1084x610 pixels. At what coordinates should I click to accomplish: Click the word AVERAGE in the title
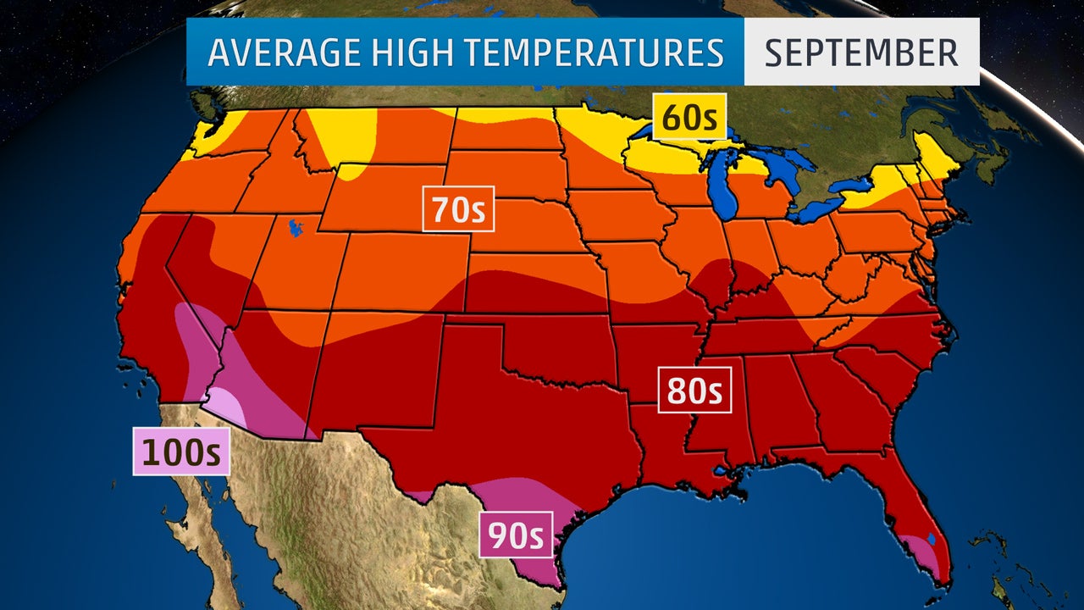tap(273, 53)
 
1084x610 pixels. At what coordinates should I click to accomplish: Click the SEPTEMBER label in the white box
tap(861, 53)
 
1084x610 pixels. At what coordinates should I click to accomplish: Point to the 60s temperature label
tap(689, 117)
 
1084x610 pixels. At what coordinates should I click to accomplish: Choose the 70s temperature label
tap(458, 209)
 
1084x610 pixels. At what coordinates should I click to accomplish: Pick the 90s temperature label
tap(515, 535)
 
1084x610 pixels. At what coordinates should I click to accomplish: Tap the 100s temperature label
tap(181, 452)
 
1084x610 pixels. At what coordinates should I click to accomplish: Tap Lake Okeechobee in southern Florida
tap(931, 537)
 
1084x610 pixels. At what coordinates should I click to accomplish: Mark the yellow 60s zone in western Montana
tap(343, 136)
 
